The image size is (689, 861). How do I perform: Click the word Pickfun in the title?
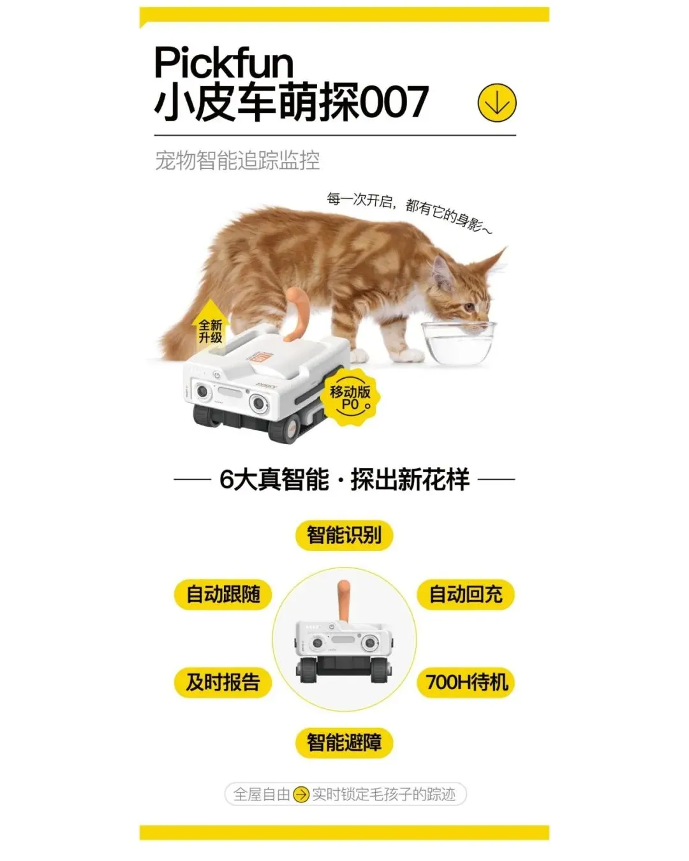point(224,62)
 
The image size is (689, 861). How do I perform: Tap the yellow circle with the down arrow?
point(497,103)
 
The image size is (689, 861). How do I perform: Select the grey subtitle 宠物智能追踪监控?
point(237,161)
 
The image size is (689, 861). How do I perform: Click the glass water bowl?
point(459,343)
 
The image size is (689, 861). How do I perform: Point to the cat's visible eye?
point(468,307)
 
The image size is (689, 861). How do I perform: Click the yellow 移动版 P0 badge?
point(350,397)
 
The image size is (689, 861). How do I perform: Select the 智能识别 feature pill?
point(344,535)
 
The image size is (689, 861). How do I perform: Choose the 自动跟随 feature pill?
point(223,594)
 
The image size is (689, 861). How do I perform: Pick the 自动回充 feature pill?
point(466,594)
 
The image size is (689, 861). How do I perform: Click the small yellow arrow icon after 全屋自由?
point(300,795)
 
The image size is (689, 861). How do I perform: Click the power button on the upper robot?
point(217,375)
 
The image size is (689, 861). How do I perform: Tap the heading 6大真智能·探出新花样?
point(344,480)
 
